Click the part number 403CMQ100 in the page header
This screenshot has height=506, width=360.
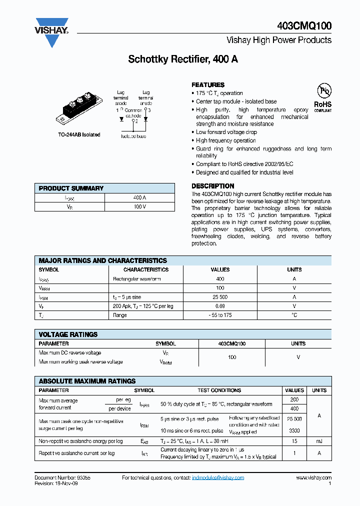click(303, 25)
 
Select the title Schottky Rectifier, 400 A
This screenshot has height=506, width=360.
click(183, 59)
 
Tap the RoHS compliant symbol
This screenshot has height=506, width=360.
click(323, 97)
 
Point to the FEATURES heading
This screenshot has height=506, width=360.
click(208, 85)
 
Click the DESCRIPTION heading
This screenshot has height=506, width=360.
click(212, 186)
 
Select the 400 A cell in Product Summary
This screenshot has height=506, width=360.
click(139, 197)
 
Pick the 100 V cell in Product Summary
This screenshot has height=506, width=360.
click(139, 206)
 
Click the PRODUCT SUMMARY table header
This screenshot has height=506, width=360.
click(71, 188)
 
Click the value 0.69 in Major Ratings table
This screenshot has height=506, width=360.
click(220, 306)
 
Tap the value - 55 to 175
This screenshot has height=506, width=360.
click(220, 315)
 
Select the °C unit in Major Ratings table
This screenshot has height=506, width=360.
click(294, 315)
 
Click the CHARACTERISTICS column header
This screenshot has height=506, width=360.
click(146, 269)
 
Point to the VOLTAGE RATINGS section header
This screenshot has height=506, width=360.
click(68, 334)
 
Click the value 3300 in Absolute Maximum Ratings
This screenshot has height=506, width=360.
click(294, 430)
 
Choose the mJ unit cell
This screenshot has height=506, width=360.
click(319, 441)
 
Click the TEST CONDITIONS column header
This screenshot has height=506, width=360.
click(219, 390)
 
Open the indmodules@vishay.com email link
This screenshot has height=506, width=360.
click(218, 478)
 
